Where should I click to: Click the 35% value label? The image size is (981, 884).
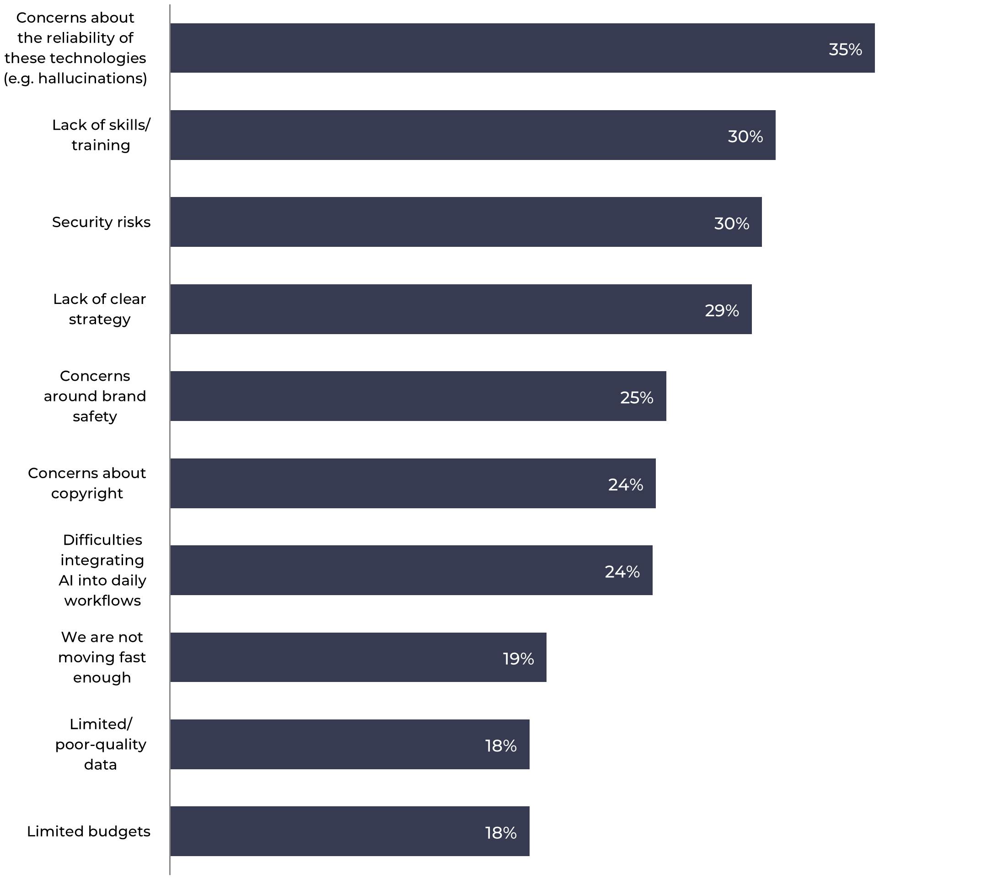(845, 49)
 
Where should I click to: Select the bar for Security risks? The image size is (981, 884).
(466, 222)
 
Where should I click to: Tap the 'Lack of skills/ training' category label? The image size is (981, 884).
(101, 135)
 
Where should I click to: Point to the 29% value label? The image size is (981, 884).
(722, 310)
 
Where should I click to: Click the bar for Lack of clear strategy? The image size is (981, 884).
(461, 309)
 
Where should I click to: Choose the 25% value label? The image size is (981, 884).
(637, 398)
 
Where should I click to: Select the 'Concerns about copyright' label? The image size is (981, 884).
(87, 483)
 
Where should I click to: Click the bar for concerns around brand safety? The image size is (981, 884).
(418, 396)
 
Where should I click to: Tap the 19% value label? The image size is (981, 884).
(518, 659)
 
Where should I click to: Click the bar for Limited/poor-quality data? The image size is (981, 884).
(349, 745)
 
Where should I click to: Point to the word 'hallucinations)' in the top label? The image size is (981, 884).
(92, 78)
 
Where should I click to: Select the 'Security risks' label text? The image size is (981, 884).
(101, 222)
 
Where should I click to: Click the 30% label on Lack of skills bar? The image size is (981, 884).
(745, 137)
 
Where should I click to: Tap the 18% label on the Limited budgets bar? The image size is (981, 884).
(500, 833)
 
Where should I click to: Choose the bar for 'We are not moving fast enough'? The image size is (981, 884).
(358, 657)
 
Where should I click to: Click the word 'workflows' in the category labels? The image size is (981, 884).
(102, 601)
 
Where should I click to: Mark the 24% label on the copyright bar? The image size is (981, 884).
(625, 485)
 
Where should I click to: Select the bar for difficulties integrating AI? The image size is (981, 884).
(411, 570)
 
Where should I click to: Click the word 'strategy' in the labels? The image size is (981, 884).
(100, 319)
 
